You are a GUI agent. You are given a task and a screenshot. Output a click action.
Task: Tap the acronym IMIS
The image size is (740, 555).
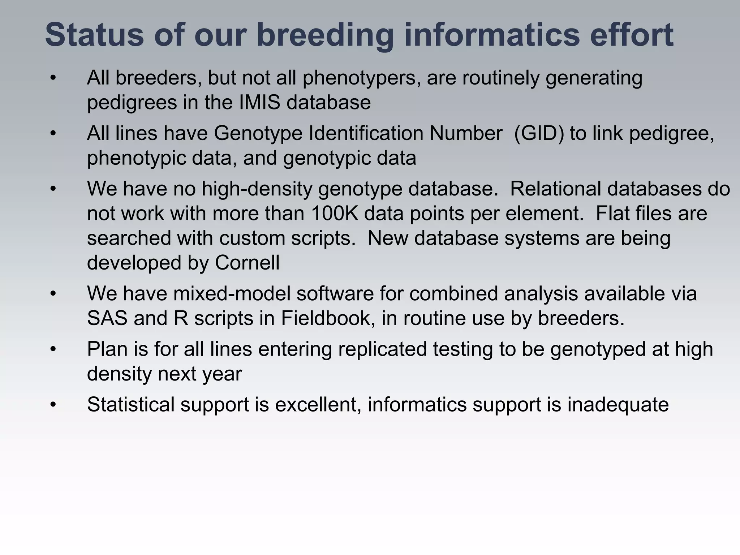click(259, 102)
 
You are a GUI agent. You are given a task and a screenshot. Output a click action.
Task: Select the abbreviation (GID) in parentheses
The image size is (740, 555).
click(539, 133)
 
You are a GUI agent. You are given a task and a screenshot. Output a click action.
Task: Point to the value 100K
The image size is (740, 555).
click(334, 213)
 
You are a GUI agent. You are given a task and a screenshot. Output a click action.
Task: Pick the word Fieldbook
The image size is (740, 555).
click(326, 318)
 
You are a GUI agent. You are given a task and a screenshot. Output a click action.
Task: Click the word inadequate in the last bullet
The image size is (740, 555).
click(618, 404)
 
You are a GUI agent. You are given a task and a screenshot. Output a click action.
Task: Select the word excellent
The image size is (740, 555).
click(318, 404)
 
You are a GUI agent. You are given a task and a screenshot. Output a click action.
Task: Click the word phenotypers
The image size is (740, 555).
click(362, 78)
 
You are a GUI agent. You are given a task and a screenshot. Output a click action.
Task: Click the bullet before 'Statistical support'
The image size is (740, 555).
click(53, 405)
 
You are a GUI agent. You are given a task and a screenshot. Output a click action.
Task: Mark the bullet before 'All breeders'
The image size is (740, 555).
click(53, 78)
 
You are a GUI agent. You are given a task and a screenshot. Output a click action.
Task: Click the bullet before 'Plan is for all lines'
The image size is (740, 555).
click(53, 349)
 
